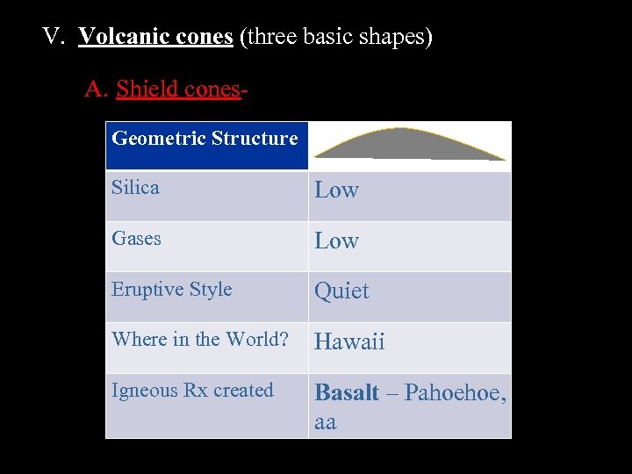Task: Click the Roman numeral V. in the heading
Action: pyautogui.click(x=54, y=38)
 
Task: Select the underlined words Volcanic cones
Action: pyautogui.click(x=155, y=38)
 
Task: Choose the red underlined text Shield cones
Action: pyautogui.click(x=177, y=89)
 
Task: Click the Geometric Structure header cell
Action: pyautogui.click(x=205, y=139)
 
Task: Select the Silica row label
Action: pyautogui.click(x=135, y=188)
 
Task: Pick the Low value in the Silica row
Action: pyautogui.click(x=337, y=190)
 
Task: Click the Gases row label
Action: pyautogui.click(x=136, y=239)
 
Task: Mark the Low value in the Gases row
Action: pyautogui.click(x=337, y=241)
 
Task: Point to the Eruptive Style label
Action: pyautogui.click(x=171, y=290)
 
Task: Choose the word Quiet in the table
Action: pyautogui.click(x=341, y=291)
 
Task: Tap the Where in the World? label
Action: pyautogui.click(x=199, y=340)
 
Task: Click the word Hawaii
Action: pyautogui.click(x=349, y=342)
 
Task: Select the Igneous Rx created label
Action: pyautogui.click(x=192, y=391)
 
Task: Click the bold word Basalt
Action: pyautogui.click(x=346, y=392)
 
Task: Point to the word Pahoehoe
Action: pyautogui.click(x=455, y=393)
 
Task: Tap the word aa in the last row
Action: pyautogui.click(x=325, y=421)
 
